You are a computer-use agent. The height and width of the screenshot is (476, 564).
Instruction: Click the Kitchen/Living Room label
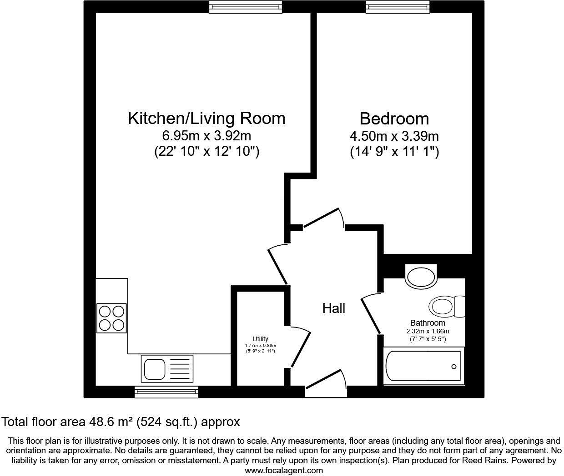click(x=206, y=118)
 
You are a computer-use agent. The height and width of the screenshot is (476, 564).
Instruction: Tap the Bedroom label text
click(x=394, y=119)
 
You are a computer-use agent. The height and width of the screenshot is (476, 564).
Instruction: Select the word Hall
click(x=334, y=308)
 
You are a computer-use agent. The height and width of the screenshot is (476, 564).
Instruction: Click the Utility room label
click(x=260, y=339)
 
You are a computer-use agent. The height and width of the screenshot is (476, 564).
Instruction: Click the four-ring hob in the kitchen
click(x=111, y=318)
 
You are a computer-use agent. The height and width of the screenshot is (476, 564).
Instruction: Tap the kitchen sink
click(x=167, y=368)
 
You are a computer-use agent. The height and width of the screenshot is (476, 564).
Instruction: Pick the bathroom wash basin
click(x=421, y=276)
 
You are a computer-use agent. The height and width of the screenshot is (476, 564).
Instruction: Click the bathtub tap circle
click(x=453, y=367)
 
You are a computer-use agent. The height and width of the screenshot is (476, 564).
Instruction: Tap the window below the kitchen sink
click(x=166, y=391)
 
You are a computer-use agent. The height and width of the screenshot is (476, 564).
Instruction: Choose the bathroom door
click(x=371, y=313)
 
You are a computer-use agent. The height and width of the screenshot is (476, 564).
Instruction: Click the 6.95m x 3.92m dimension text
click(x=206, y=135)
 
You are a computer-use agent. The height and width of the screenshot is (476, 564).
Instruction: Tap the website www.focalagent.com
click(x=284, y=471)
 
